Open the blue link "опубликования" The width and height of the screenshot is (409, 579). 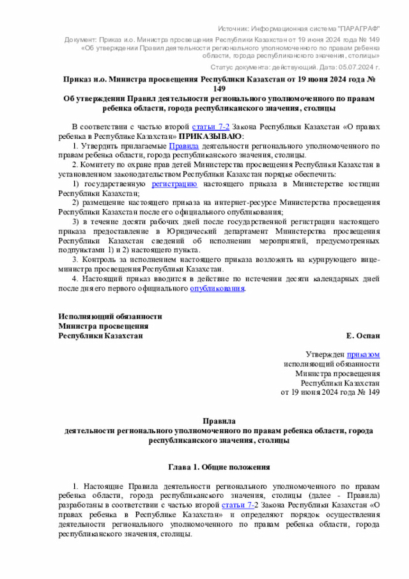(217, 288)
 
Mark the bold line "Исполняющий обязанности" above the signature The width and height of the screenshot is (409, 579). (109, 316)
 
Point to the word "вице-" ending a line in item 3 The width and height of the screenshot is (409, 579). (370, 259)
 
